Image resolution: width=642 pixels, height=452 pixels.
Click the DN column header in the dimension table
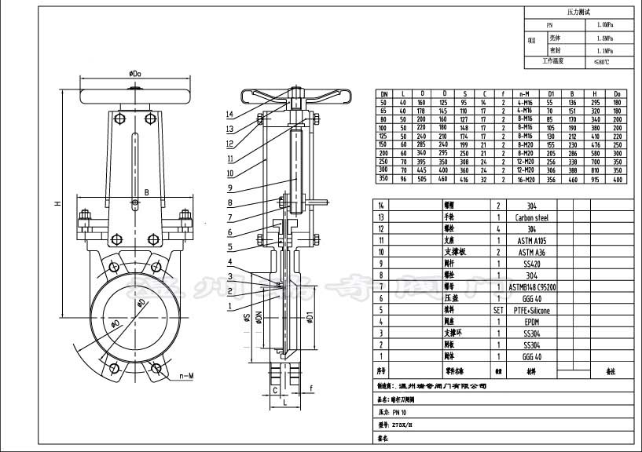383,93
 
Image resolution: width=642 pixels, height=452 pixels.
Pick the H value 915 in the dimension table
596,179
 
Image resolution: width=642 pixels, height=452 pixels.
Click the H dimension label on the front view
57,203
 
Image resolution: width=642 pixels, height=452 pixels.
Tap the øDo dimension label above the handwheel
135,74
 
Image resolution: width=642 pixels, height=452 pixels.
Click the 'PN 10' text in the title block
398,411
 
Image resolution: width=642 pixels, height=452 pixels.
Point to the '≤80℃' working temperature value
603,61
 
